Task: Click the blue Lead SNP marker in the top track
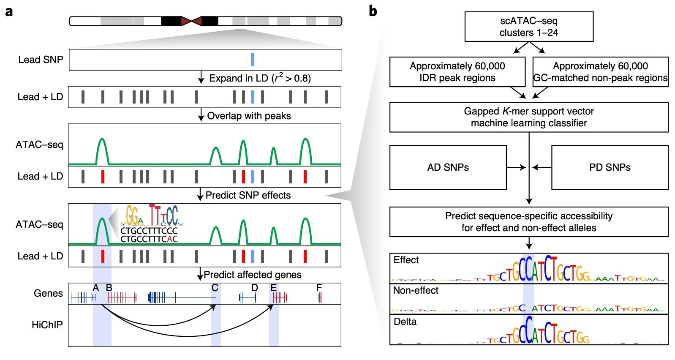[x=252, y=60]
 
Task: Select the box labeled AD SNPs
[x=448, y=167]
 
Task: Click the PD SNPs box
[x=610, y=167]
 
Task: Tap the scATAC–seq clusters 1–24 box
[x=528, y=27]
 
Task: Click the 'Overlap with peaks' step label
[x=249, y=116]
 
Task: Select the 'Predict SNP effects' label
[x=248, y=195]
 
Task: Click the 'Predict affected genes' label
[x=252, y=275]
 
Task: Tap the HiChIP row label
[x=47, y=325]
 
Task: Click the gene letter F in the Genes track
[x=319, y=288]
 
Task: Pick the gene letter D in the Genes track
[x=254, y=288]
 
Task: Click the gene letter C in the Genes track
[x=215, y=288]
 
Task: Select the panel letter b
[x=373, y=11]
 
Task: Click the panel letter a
[x=9, y=11]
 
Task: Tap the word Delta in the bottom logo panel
[x=405, y=322]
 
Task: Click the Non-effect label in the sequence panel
[x=416, y=290]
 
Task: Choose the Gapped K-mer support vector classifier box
[x=528, y=117]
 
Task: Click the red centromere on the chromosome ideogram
[x=191, y=21]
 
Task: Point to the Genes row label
[x=48, y=293]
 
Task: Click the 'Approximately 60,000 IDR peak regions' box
[x=457, y=72]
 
